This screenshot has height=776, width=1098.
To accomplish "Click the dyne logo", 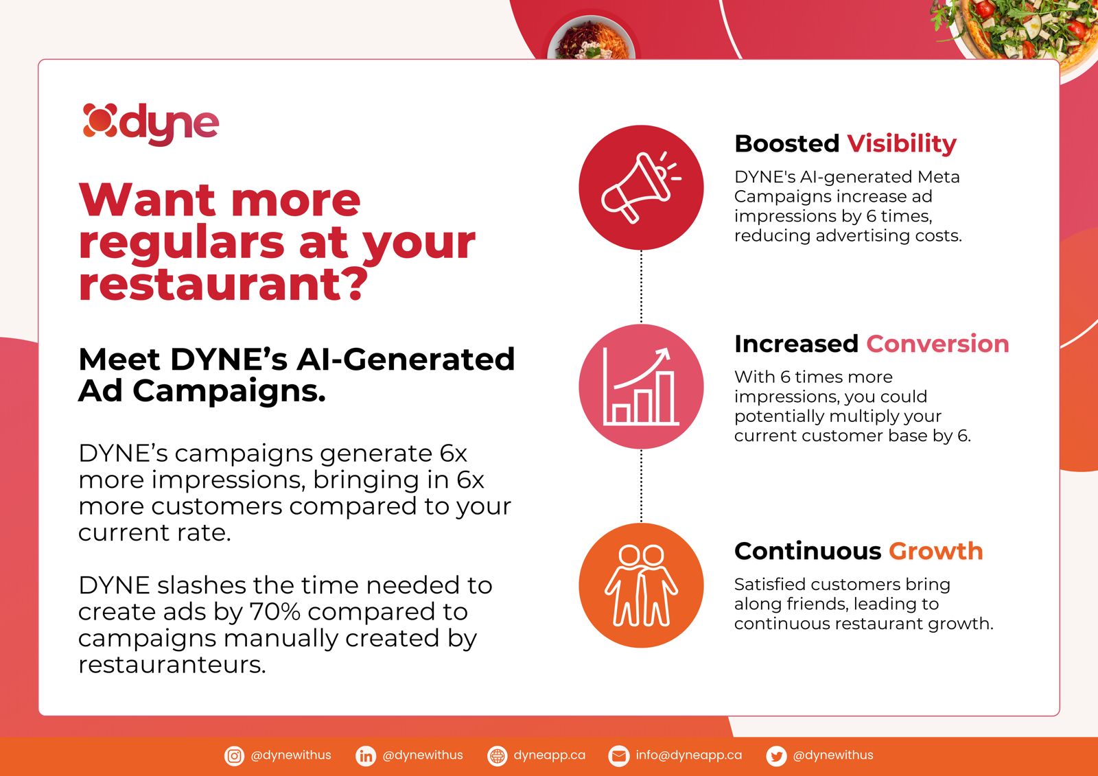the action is (x=150, y=124).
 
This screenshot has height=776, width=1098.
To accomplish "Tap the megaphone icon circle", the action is (x=641, y=187).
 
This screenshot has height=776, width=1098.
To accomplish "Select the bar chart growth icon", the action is (x=641, y=386).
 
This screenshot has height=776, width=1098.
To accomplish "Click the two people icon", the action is (x=641, y=585).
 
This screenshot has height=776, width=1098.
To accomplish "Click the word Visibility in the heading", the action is (x=902, y=143).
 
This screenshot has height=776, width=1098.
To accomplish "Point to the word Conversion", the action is (x=937, y=344).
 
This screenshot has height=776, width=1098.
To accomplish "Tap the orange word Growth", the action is (x=936, y=551).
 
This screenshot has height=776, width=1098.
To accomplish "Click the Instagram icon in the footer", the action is (x=234, y=756).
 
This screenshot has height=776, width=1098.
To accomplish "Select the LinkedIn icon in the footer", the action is (x=366, y=756).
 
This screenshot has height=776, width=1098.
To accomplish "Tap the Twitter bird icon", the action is (x=776, y=756).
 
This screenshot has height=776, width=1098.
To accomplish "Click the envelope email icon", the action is (x=618, y=756).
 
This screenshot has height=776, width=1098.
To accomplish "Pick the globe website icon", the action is (x=497, y=756).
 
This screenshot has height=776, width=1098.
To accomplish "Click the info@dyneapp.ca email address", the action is (x=689, y=755).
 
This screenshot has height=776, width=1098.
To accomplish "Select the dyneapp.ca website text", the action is (x=550, y=755).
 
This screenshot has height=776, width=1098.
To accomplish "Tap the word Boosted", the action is (x=787, y=143).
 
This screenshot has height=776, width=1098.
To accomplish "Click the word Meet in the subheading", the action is (x=119, y=360).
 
